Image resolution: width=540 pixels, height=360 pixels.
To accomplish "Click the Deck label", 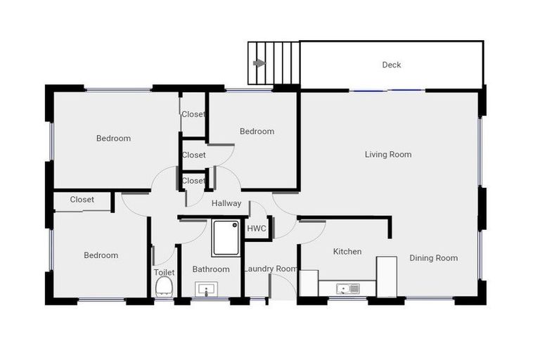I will click(392, 65).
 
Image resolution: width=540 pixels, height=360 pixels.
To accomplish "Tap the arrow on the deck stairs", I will click(259, 63).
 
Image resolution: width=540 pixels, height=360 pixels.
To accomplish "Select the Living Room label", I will click(388, 154).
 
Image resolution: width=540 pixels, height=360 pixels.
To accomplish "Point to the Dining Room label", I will click(434, 258).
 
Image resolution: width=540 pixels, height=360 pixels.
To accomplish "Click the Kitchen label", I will click(347, 251).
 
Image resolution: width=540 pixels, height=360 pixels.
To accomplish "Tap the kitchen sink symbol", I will click(347, 288).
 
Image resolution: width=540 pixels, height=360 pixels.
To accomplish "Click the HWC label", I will click(255, 229).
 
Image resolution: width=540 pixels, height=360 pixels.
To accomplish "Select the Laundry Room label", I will click(271, 269).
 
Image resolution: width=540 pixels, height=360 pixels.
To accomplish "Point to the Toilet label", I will click(164, 272).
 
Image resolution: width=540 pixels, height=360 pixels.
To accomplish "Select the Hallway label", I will click(226, 203).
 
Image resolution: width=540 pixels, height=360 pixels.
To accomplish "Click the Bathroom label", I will click(211, 269).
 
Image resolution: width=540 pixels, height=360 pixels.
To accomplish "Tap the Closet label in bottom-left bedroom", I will click(82, 200).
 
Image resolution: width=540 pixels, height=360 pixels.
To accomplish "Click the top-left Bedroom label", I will click(113, 139).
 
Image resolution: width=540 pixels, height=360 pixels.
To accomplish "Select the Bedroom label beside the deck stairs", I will click(257, 131).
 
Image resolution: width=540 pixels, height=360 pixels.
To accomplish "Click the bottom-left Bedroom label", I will click(101, 255).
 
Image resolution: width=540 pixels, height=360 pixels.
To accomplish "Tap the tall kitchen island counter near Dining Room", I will click(387, 276).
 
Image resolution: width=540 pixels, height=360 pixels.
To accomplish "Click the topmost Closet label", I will click(193, 114).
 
